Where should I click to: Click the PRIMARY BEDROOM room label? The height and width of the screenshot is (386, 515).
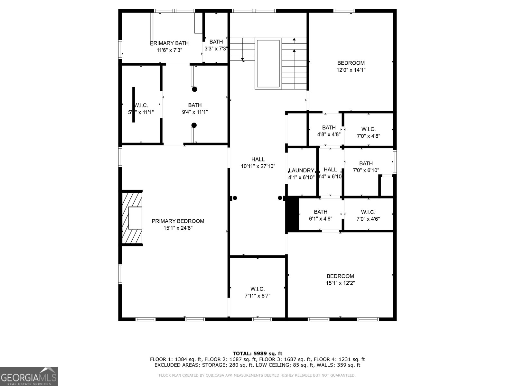178,221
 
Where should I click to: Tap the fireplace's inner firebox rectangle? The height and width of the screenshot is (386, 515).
135,218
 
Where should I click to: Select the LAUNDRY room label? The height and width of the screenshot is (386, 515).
301,170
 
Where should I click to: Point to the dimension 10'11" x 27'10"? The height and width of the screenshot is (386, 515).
258,166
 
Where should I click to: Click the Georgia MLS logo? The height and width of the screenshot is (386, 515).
29,376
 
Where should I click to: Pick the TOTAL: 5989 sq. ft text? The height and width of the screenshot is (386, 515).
257,354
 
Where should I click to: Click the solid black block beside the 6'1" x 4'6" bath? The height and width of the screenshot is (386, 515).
293,214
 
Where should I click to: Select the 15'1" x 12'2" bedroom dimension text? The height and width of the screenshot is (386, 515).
340,283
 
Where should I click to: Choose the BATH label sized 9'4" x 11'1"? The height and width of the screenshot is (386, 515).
195,105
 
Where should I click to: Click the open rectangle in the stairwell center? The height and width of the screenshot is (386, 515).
268,63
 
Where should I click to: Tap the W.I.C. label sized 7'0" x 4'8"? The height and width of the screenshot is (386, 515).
368,129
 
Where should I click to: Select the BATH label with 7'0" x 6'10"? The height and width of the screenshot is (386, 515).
366,163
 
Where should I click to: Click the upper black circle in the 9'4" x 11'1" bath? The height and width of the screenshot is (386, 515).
194,89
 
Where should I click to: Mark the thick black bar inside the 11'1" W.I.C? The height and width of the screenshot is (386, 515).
134,105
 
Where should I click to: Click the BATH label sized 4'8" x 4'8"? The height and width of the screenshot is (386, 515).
329,128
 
